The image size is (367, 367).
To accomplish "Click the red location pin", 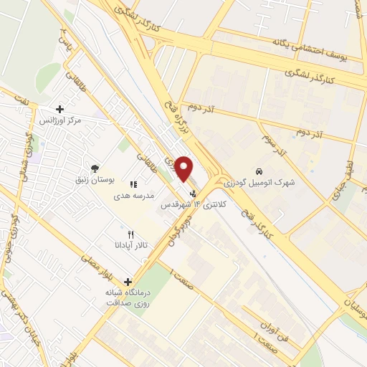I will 184,168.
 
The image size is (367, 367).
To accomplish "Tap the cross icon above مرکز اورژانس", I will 59,110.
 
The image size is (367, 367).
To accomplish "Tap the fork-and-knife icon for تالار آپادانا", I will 130,234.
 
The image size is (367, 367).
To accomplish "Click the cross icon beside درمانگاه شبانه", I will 128,282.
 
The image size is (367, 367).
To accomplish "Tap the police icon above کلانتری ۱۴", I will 192,193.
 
